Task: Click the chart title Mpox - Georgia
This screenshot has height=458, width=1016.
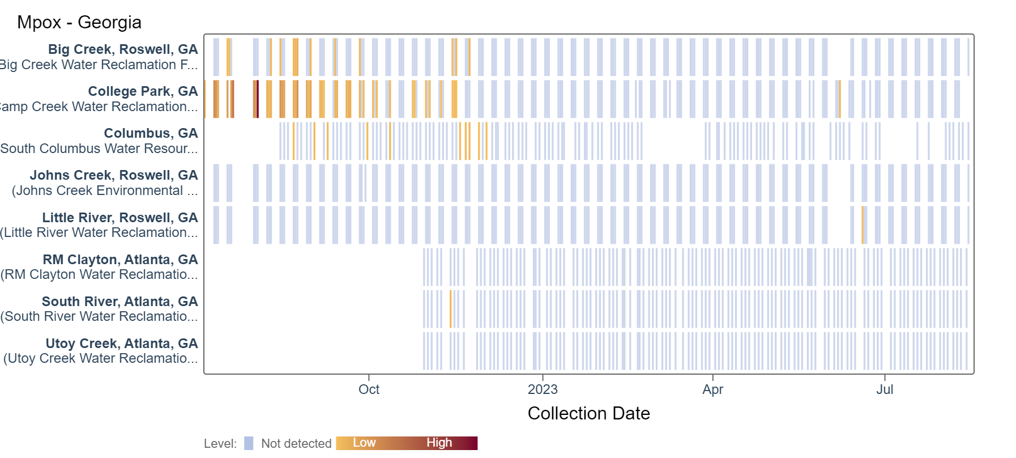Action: point(79,22)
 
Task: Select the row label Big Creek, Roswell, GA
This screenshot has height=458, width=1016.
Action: point(123,49)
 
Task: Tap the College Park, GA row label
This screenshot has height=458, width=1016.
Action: point(143,91)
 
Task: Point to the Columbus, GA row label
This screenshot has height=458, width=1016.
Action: point(151,133)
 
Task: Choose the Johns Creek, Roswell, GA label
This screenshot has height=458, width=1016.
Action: point(114,175)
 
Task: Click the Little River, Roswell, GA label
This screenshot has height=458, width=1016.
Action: point(120,218)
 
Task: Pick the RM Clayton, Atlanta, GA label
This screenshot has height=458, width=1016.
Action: point(120,260)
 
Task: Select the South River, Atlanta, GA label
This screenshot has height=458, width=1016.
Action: point(119,302)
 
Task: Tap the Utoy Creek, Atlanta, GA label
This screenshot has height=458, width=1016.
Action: point(122,343)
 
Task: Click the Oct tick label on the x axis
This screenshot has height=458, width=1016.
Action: point(369,389)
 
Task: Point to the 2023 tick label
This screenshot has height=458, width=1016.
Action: point(543,389)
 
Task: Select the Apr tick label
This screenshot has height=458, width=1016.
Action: point(712,389)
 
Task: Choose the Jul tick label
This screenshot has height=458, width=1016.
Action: point(885,389)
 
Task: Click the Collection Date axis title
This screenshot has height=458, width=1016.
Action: point(588,413)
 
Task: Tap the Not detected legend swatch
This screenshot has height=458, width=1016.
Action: point(249,443)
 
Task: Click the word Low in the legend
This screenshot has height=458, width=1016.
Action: point(364,443)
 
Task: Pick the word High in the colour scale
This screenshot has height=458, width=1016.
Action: point(439,443)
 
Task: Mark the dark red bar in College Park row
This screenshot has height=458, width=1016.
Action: point(258,99)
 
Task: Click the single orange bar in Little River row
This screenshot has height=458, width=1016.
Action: point(863,225)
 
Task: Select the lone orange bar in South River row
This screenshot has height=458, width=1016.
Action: point(451,309)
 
